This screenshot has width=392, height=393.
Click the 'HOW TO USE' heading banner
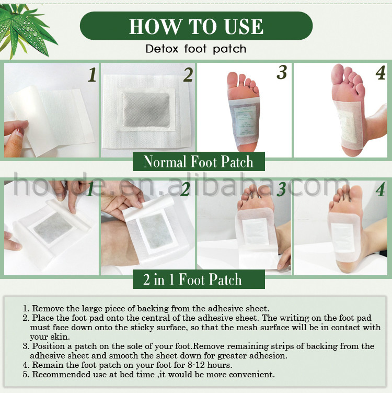[x=196, y=26]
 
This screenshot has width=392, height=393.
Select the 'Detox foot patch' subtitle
[x=196, y=49]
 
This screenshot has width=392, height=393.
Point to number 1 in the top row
[x=92, y=75]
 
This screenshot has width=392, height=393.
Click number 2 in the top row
[x=188, y=75]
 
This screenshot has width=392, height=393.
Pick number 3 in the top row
[x=282, y=73]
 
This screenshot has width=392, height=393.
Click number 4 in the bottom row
[x=380, y=189]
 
